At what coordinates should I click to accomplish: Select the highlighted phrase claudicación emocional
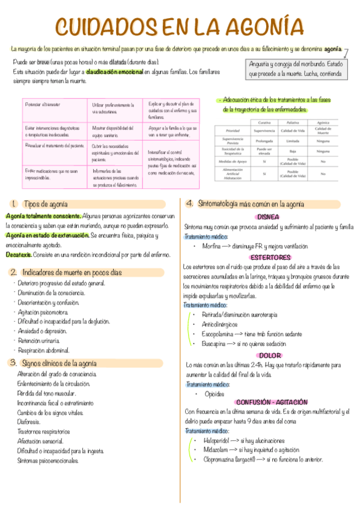[114, 71]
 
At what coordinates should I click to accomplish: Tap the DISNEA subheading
[267, 217]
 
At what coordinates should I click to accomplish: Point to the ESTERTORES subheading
[266, 257]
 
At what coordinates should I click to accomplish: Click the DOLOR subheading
[267, 355]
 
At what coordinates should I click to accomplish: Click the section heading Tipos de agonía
[45, 204]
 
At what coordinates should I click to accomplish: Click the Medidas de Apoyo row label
[232, 161]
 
